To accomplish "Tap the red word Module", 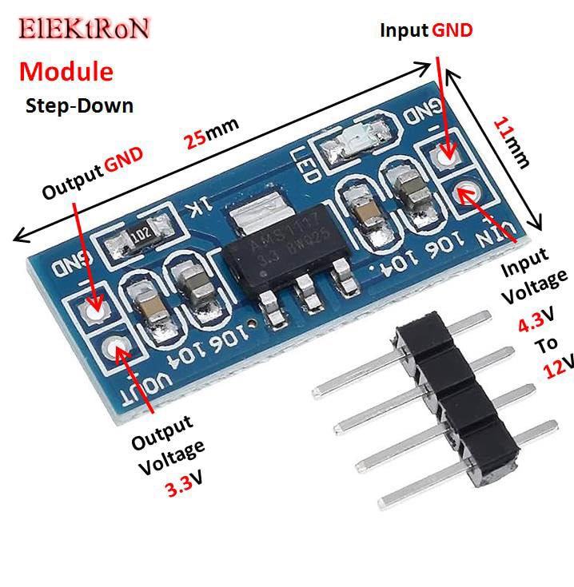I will pyautogui.click(x=66, y=71).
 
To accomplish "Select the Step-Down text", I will pyautogui.click(x=79, y=105).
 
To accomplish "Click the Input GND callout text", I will pyautogui.click(x=426, y=30).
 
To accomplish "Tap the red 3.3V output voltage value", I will pyautogui.click(x=184, y=487).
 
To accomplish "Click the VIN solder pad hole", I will pyautogui.click(x=465, y=192).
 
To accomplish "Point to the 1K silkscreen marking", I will pyautogui.click(x=196, y=210).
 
